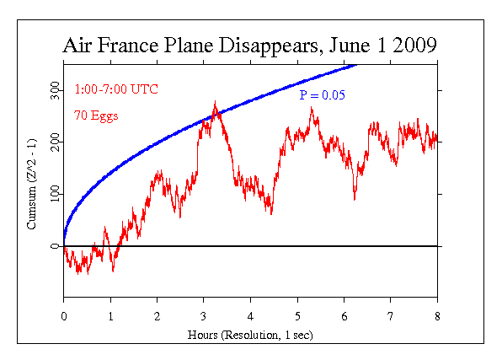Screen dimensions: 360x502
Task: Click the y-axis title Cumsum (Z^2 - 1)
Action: coord(32,192)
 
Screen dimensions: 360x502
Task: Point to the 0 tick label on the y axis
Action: coord(56,246)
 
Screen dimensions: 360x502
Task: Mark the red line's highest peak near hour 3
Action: coord(216,103)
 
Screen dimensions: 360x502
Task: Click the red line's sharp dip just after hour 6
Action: coord(355,198)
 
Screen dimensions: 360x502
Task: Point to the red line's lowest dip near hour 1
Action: coord(113,271)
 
